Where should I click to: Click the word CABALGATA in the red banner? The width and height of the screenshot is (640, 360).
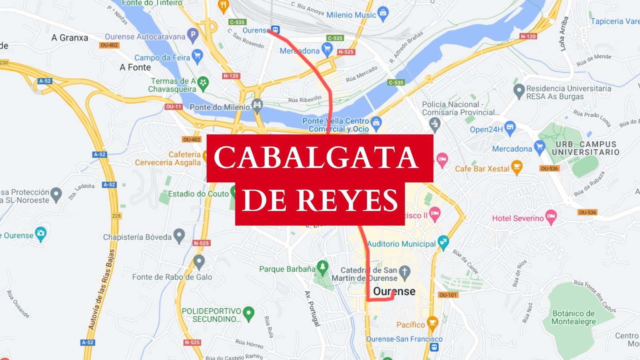point(316,158)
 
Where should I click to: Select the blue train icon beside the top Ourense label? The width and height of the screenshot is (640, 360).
point(275,30)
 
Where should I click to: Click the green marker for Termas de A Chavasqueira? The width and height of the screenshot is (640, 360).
point(203,83)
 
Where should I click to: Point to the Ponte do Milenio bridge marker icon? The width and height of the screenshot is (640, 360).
point(257,106)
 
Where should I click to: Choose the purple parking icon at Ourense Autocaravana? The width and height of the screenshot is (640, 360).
point(193,35)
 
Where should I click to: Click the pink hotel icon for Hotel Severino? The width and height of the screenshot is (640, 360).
point(551,217)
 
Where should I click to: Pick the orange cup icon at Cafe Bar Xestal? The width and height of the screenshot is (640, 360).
point(517,167)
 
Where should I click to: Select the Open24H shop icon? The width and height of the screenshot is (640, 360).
point(510,128)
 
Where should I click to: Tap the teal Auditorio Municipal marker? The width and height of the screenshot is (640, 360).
point(443,242)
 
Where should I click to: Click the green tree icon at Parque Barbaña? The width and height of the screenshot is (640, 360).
point(322,267)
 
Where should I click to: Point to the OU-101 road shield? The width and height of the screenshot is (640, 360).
point(448,295)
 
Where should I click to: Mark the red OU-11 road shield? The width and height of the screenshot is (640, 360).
point(174,107)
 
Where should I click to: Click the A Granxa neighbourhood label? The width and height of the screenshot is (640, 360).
point(70,38)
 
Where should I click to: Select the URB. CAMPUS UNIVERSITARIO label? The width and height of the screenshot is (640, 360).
point(586,148)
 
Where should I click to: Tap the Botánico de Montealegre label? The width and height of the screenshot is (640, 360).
point(574,317)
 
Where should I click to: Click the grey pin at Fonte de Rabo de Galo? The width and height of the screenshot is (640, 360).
point(199,262)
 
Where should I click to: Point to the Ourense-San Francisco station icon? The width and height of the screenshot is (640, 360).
point(434,347)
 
